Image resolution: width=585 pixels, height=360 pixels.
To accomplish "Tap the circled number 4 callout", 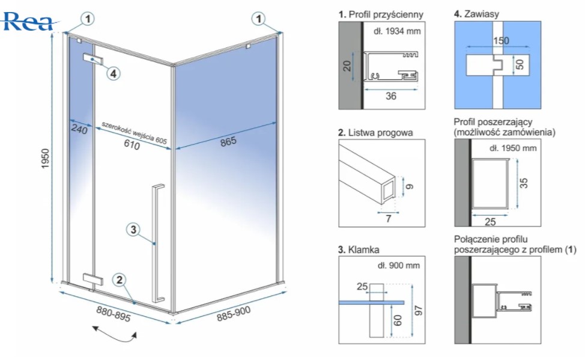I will coord(113,73).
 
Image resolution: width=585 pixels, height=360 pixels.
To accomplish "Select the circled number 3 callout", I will coord(133,229).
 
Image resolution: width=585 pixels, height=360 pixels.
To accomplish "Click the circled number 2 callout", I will coord(120,279).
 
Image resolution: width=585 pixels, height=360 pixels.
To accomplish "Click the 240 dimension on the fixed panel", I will coord(79,129).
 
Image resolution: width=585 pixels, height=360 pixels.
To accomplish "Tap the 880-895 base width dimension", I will coord(114,316).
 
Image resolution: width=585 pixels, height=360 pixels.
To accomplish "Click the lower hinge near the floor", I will coord(93,279).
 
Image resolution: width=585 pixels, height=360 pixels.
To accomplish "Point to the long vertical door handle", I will coord(158,243).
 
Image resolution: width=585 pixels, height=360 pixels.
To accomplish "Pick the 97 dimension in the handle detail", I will coord(418,311).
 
